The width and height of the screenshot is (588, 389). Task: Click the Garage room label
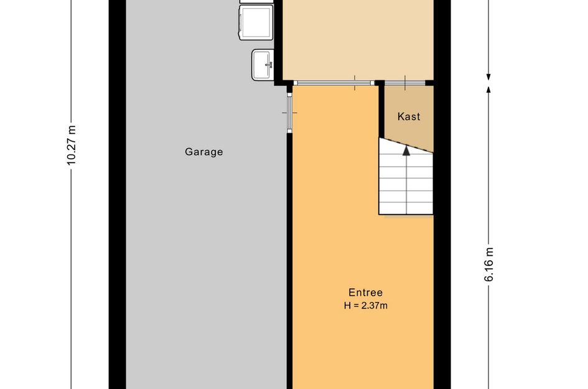click(x=203, y=152)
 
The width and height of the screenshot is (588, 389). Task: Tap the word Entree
click(x=366, y=293)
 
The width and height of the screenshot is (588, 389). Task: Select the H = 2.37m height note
click(x=366, y=306)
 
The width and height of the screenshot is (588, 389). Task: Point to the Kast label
click(x=409, y=116)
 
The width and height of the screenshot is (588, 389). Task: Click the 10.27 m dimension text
click(x=72, y=146)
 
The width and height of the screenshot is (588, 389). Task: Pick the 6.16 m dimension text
click(x=489, y=265)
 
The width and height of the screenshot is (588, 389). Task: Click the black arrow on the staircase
click(x=406, y=151)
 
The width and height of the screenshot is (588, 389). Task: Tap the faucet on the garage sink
click(x=269, y=65)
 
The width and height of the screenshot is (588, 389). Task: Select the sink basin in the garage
click(x=263, y=65)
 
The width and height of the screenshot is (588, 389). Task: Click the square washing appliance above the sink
click(x=256, y=22)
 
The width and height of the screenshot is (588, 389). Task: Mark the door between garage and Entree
click(x=289, y=113)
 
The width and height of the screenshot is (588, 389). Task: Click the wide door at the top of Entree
click(x=334, y=83)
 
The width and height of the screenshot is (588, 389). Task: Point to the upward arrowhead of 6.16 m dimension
click(x=488, y=89)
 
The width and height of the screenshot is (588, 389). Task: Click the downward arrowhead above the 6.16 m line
click(x=488, y=77)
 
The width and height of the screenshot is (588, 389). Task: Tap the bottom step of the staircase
click(x=406, y=209)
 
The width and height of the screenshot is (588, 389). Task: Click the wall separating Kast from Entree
click(x=381, y=110)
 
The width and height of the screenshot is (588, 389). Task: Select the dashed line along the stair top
click(x=406, y=145)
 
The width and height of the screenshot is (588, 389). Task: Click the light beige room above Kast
click(x=358, y=39)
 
